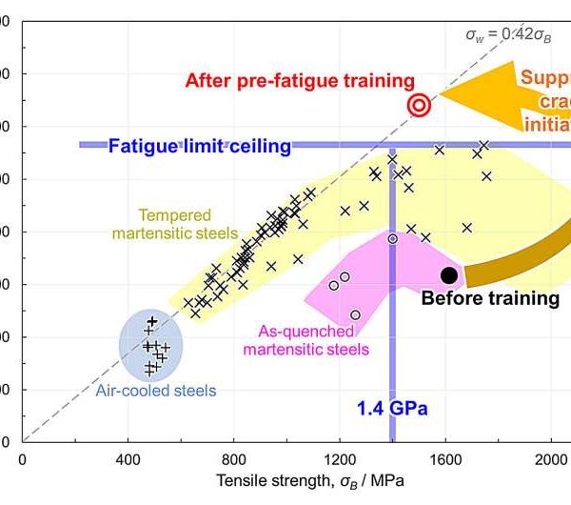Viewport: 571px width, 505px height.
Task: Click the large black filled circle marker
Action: click(449, 274)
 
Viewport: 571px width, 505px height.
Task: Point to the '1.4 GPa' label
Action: click(392, 409)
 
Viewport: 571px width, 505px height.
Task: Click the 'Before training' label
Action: click(490, 298)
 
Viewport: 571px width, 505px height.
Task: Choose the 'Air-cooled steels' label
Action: click(155, 390)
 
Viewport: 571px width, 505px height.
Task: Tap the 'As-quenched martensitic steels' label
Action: click(299, 340)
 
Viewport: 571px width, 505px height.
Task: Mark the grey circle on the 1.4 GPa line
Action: click(392, 238)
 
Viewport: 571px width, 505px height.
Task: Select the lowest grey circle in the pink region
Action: click(355, 314)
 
